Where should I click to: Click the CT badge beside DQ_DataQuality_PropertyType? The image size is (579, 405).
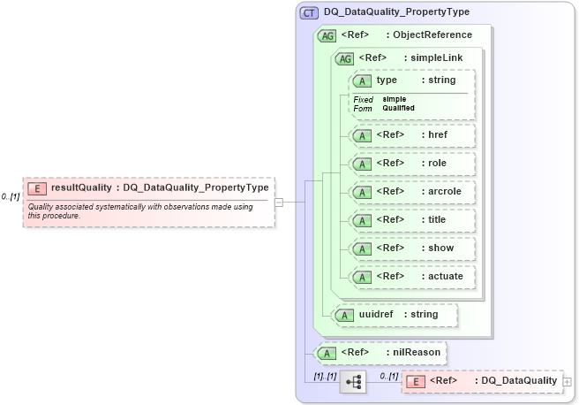[x=310, y=12]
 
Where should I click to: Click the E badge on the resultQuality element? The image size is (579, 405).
[x=37, y=187]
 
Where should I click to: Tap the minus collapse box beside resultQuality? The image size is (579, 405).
[x=279, y=202]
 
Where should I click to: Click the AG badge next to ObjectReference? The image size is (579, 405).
[x=326, y=35]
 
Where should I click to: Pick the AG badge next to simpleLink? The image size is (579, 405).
[x=344, y=58]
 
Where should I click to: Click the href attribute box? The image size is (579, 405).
[x=413, y=135]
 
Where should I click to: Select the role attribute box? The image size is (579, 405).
[x=413, y=164]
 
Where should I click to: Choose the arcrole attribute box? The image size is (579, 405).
[x=413, y=192]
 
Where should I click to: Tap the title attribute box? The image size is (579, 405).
[x=413, y=220]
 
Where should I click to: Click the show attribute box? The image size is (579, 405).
[x=413, y=248]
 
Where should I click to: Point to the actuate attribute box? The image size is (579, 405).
[x=413, y=277]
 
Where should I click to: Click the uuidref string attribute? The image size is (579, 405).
[x=392, y=314]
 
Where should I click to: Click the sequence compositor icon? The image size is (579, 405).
[x=354, y=382]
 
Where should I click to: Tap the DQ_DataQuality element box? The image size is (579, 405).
[x=481, y=381]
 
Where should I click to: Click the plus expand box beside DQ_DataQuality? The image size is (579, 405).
[x=567, y=382]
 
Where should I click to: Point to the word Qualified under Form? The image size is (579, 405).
[x=399, y=108]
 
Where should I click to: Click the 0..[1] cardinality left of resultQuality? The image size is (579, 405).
[x=10, y=196]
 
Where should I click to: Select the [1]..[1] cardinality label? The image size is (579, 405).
[x=325, y=377]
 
